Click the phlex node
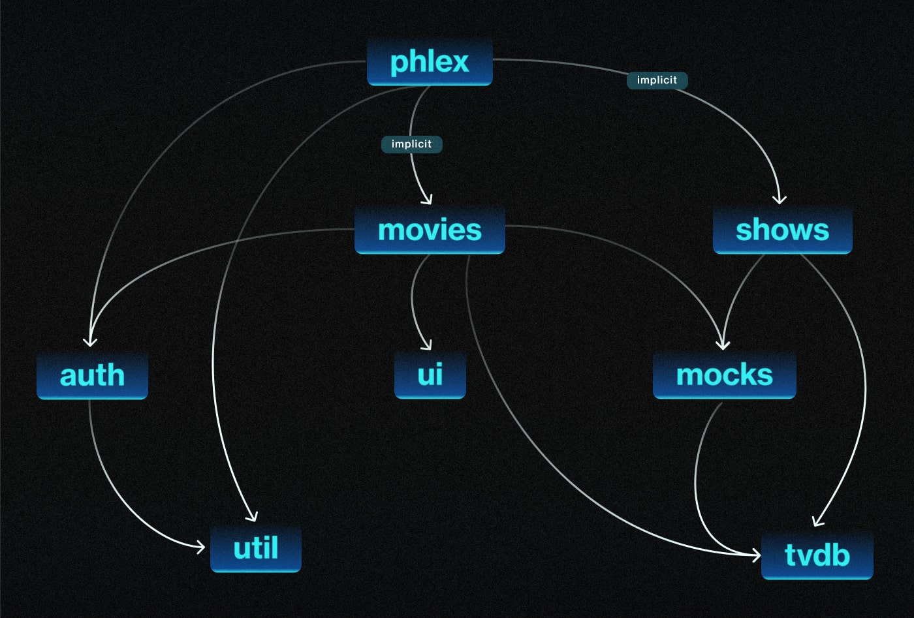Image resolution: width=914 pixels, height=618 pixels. (430, 62)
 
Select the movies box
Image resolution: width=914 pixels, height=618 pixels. (430, 230)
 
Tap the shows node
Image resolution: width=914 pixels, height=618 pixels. (782, 230)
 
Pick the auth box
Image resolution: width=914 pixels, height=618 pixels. (92, 375)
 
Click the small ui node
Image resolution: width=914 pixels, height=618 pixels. (430, 375)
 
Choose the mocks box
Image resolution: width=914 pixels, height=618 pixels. (724, 375)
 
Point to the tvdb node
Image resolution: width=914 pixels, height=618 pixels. (817, 555)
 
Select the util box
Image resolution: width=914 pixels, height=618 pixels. (256, 548)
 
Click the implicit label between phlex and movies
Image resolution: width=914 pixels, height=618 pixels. (411, 144)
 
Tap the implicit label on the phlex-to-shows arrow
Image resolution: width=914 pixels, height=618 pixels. (657, 80)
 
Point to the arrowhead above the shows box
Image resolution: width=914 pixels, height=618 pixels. (779, 200)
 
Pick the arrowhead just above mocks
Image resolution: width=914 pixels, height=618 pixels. (723, 345)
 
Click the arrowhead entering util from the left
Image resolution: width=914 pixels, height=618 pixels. (201, 547)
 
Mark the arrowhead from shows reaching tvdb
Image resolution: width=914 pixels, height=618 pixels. (816, 522)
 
